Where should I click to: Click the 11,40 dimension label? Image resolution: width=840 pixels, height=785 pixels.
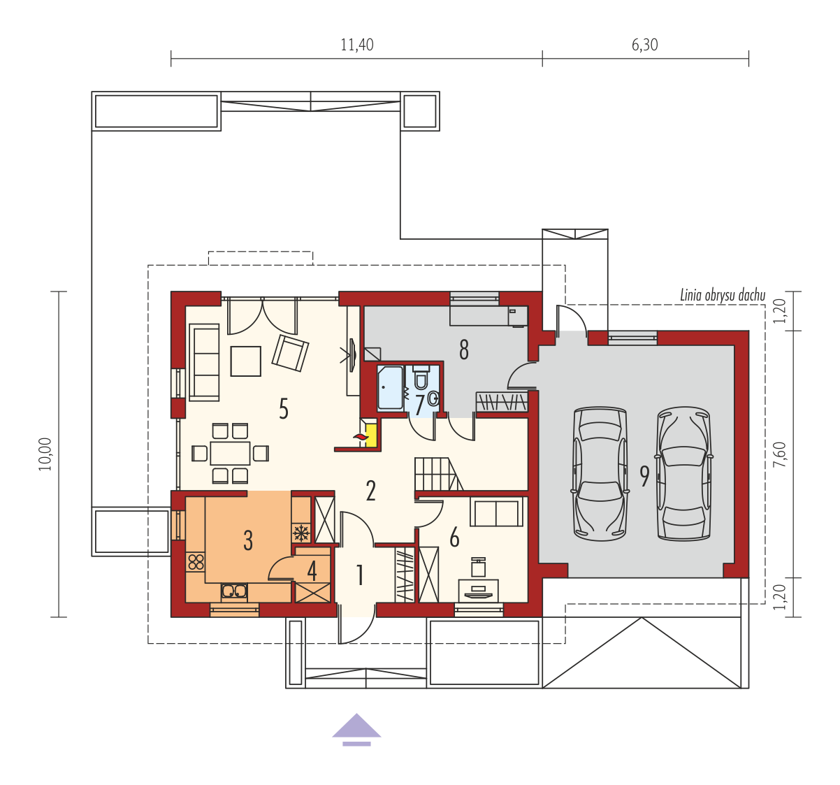pyautogui.click(x=357, y=45)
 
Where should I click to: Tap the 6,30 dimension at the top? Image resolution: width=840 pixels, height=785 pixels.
pyautogui.click(x=644, y=45)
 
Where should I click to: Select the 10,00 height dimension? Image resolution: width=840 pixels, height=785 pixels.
pyautogui.click(x=45, y=454)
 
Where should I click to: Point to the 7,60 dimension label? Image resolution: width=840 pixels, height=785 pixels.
pyautogui.click(x=779, y=454)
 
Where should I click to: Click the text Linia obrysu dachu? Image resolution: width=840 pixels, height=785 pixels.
pyautogui.click(x=723, y=295)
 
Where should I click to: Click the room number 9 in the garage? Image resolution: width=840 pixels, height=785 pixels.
pyautogui.click(x=644, y=476)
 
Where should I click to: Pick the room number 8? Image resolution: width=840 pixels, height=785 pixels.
pyautogui.click(x=464, y=350)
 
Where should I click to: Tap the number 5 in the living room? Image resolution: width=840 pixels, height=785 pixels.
pyautogui.click(x=284, y=409)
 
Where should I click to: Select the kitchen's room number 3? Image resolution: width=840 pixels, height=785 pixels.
pyautogui.click(x=248, y=540)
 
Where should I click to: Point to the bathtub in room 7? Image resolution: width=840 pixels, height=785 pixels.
pyautogui.click(x=390, y=388)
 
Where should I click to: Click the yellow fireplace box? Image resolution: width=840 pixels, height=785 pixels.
pyautogui.click(x=371, y=435)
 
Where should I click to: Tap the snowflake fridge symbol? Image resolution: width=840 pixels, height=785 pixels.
pyautogui.click(x=301, y=533)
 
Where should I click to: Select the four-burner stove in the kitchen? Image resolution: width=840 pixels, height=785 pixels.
pyautogui.click(x=196, y=562)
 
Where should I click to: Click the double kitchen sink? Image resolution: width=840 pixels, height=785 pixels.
pyautogui.click(x=234, y=591)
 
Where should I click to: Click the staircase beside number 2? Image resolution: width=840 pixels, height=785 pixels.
pyautogui.click(x=439, y=473)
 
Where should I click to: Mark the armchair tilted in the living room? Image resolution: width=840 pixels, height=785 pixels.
pyautogui.click(x=290, y=353)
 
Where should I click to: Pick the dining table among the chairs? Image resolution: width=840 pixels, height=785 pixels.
pyautogui.click(x=230, y=453)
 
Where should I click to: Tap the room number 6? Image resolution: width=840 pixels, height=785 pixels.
pyautogui.click(x=454, y=538)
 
